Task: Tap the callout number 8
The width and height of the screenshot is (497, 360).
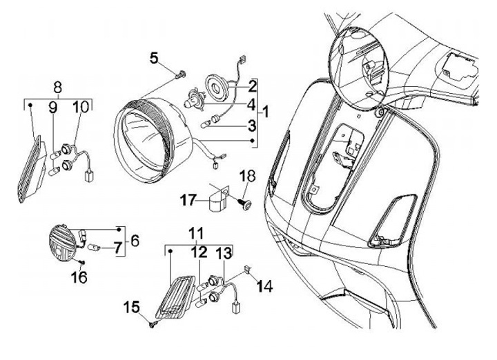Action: tap(58, 88)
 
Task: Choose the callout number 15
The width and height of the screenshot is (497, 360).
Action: tap(131, 306)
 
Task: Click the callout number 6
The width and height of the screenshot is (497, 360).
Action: tap(134, 240)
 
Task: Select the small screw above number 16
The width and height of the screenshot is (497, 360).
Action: tap(83, 263)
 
